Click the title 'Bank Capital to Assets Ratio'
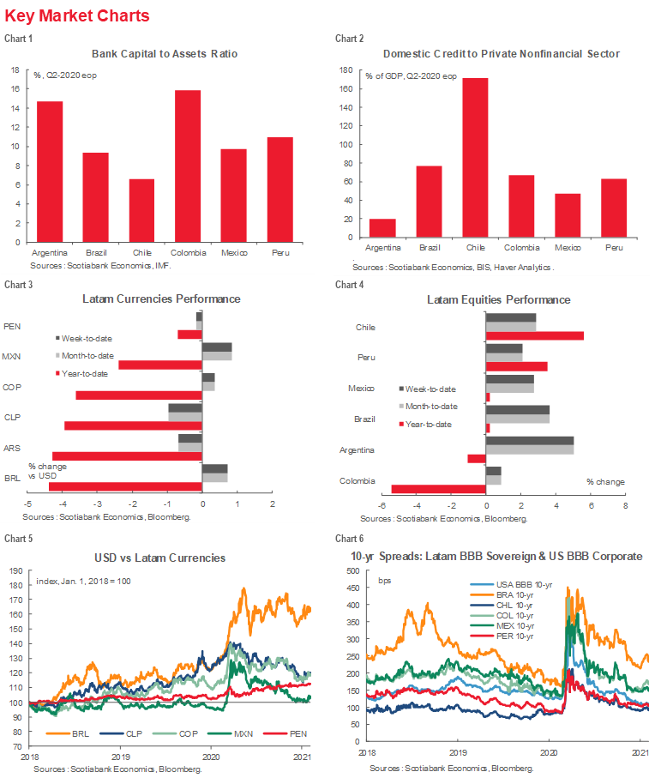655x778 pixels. pyautogui.click(x=164, y=53)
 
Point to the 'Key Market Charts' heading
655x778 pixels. pyautogui.click(x=76, y=15)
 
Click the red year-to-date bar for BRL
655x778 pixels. pyautogui.click(x=125, y=487)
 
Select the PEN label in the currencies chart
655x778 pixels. pyautogui.click(x=13, y=326)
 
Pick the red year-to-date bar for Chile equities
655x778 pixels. pyautogui.click(x=535, y=335)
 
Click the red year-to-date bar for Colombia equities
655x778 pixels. pyautogui.click(x=439, y=489)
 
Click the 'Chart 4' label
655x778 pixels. pyautogui.click(x=349, y=284)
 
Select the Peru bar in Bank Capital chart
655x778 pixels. pyautogui.click(x=280, y=189)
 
